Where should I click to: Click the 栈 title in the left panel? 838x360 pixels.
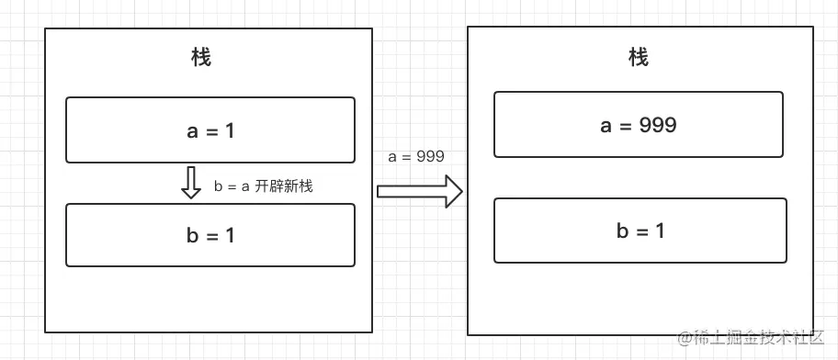pyautogui.click(x=201, y=58)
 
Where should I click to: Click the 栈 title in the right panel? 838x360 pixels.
pyautogui.click(x=639, y=58)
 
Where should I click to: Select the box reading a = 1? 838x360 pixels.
pyautogui.click(x=210, y=130)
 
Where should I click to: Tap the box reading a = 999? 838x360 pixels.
pyautogui.click(x=639, y=125)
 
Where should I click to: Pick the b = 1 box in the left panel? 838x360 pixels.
pyautogui.click(x=210, y=235)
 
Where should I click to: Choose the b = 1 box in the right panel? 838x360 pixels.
pyautogui.click(x=640, y=231)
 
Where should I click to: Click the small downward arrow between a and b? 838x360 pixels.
pyautogui.click(x=191, y=183)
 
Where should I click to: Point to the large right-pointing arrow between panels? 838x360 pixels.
pyautogui.click(x=419, y=191)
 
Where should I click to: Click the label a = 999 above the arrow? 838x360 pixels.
pyautogui.click(x=416, y=156)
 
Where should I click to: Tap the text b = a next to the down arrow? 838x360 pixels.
pyautogui.click(x=232, y=186)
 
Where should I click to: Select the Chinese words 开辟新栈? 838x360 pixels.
pyautogui.click(x=284, y=186)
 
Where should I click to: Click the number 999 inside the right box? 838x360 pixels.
pyautogui.click(x=658, y=125)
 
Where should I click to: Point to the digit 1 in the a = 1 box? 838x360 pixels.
pyautogui.click(x=230, y=130)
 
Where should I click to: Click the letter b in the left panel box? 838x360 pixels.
pyautogui.click(x=192, y=235)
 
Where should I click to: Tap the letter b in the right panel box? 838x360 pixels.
pyautogui.click(x=622, y=231)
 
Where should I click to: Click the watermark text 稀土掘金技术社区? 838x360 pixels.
pyautogui.click(x=762, y=339)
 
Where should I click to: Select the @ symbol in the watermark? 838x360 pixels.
pyautogui.click(x=685, y=339)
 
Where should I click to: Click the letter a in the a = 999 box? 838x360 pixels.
pyautogui.click(x=606, y=126)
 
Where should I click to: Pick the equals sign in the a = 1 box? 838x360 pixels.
pyautogui.click(x=211, y=131)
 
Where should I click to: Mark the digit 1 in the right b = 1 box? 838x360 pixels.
pyautogui.click(x=659, y=231)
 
